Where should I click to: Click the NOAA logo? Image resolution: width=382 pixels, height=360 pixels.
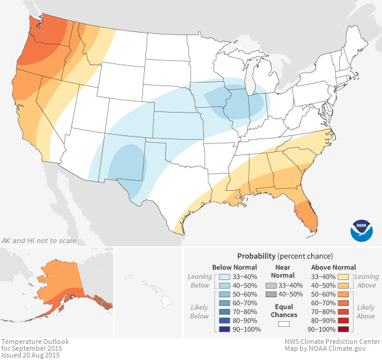[362, 229]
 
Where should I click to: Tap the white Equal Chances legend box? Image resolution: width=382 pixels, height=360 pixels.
[283, 322]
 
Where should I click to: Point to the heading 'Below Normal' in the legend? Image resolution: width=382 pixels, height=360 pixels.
[234, 267]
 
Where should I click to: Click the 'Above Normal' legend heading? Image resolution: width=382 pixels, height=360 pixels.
[334, 267]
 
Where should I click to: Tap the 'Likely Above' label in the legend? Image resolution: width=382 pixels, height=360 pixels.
[365, 311]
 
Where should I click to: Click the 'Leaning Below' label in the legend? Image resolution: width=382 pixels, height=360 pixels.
[200, 281]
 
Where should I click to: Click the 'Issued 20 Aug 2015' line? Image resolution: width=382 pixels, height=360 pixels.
[31, 355]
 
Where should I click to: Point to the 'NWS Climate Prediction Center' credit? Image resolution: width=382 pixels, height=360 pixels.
[332, 342]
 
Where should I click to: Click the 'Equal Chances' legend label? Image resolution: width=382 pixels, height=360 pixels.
[283, 310]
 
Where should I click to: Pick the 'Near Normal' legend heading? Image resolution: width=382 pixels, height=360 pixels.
[283, 271]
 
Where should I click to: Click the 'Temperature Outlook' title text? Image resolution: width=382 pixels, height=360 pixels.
[35, 342]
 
